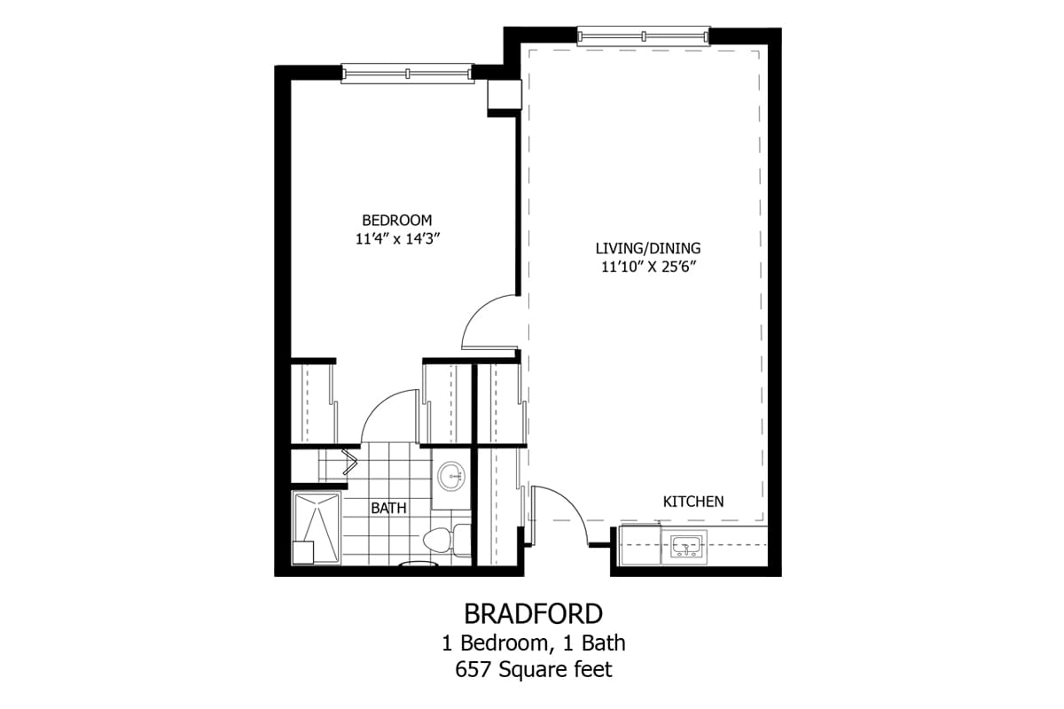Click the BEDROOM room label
point(396,220)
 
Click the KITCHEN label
point(693,502)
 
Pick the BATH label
point(388,509)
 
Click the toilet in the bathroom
point(441,539)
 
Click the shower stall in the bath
point(316,526)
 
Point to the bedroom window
point(407,74)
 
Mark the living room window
point(643,35)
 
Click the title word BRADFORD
point(533,613)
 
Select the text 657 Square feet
point(533,670)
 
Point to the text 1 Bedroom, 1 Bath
point(533,643)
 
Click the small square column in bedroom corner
point(504,96)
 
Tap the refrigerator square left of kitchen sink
point(639,544)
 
